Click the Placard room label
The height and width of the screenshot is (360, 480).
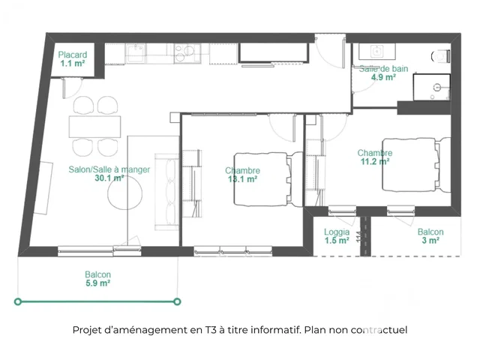(73, 55)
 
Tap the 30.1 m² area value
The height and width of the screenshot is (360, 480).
(109, 178)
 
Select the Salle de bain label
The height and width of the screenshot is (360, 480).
(383, 68)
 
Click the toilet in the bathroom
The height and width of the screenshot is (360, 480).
(441, 56)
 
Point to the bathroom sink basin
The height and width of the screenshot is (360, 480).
(376, 51)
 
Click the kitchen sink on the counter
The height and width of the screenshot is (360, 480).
(135, 53)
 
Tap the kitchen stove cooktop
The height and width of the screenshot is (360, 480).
(187, 53)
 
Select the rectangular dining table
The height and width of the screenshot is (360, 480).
(95, 127)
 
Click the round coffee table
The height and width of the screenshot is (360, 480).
(125, 193)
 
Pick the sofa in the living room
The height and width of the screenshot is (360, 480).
(166, 192)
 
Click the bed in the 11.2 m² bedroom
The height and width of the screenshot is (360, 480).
(416, 165)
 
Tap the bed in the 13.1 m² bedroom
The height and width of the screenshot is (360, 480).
(268, 179)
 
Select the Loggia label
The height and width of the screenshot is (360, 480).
(337, 232)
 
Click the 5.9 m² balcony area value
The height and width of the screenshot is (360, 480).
(98, 283)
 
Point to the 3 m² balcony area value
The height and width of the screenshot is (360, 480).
(430, 240)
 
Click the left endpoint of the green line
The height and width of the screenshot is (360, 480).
(18, 301)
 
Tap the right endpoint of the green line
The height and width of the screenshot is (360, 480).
(177, 301)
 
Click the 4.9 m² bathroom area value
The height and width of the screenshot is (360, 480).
(383, 77)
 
